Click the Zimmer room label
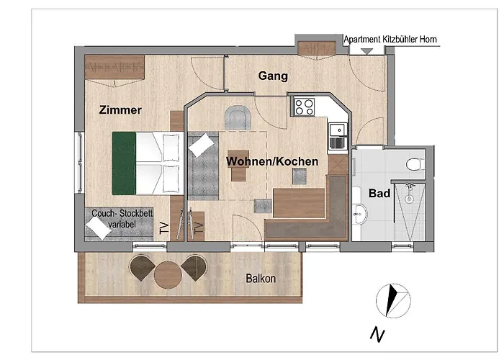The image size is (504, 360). point(120,110)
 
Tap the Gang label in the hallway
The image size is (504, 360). point(273,76)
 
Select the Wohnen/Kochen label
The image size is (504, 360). point(272,162)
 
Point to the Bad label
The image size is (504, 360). point(379,194)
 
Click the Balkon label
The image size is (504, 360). point(261,278)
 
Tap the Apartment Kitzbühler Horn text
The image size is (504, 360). point(391,40)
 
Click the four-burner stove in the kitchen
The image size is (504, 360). point(304,107)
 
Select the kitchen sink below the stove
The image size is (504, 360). point(336,134)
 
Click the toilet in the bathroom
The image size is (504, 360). point(413,164)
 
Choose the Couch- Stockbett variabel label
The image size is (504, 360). point(117,219)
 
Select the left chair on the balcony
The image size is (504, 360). point(141,268)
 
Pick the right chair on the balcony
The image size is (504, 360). point(194,269)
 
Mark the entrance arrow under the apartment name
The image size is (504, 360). point(366,50)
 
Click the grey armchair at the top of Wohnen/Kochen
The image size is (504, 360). point(238,118)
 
